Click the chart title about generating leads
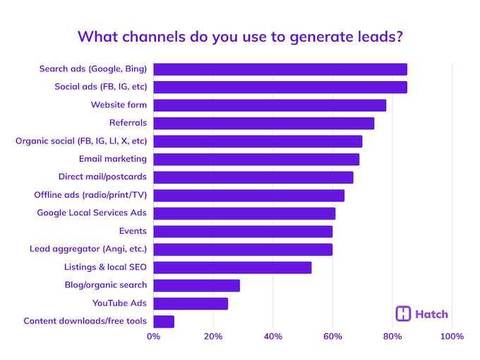(x=239, y=36)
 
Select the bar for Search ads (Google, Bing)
(x=280, y=69)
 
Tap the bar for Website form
(x=270, y=105)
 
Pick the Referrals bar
(x=263, y=124)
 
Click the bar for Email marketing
(x=256, y=159)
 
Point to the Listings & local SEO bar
(x=232, y=268)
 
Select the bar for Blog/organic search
(x=196, y=285)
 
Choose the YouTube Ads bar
(x=191, y=304)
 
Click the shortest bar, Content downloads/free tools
(x=164, y=321)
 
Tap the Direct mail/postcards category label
(x=102, y=177)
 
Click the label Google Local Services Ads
(x=92, y=213)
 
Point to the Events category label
(x=133, y=231)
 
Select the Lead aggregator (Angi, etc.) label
(x=88, y=249)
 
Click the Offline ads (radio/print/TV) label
(x=90, y=195)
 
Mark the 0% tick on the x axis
(x=153, y=336)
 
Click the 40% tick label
(x=273, y=336)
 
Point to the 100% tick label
(x=452, y=336)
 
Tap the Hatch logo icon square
(x=404, y=314)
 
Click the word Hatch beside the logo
(x=431, y=314)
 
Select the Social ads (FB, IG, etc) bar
(x=280, y=88)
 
